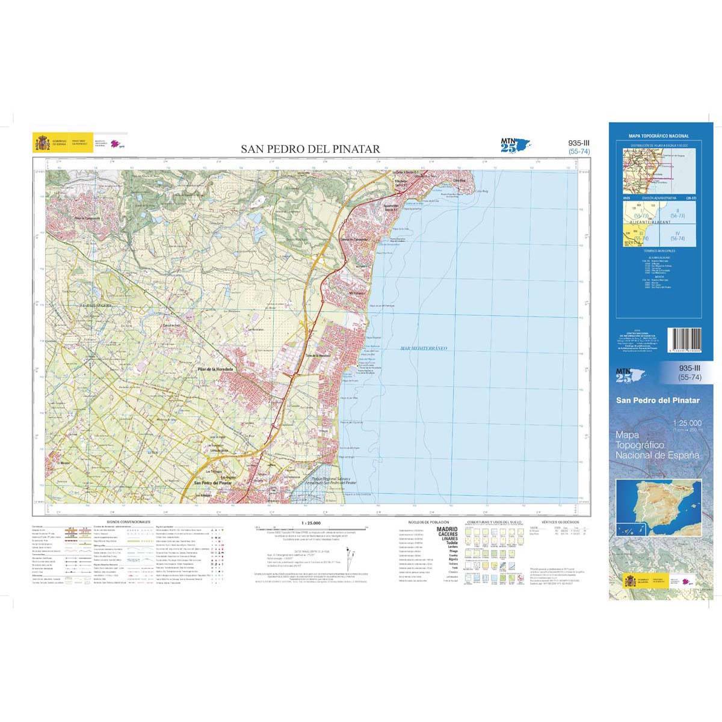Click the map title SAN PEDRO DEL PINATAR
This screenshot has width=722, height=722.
[x=310, y=149]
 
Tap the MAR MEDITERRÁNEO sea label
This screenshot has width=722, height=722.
[x=424, y=348]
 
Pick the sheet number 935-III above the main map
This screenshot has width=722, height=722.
[x=578, y=143]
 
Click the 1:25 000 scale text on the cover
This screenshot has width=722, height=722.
[x=687, y=424]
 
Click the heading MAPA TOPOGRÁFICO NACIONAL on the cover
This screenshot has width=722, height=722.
[x=659, y=137]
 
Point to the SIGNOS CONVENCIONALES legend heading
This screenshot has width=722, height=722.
[x=128, y=522]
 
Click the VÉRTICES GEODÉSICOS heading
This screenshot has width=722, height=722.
[x=560, y=522]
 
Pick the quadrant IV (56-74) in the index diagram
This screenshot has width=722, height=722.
[x=677, y=235]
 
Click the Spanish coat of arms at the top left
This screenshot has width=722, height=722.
[x=42, y=143]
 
